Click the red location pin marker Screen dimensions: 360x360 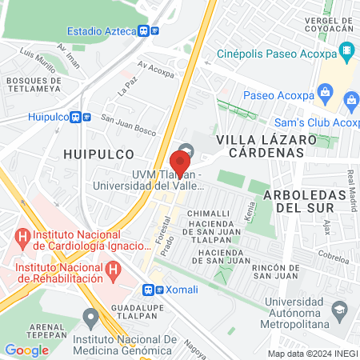pyautogui.click(x=180, y=163)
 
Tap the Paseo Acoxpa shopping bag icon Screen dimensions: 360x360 pyautogui.click(x=325, y=93)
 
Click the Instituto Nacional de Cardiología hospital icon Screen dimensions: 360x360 pyautogui.click(x=22, y=238)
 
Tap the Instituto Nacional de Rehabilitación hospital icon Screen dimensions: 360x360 pyautogui.click(x=114, y=270)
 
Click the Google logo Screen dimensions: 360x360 pyautogui.click(x=26, y=350)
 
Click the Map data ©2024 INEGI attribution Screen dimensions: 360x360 pyautogui.click(x=312, y=354)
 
